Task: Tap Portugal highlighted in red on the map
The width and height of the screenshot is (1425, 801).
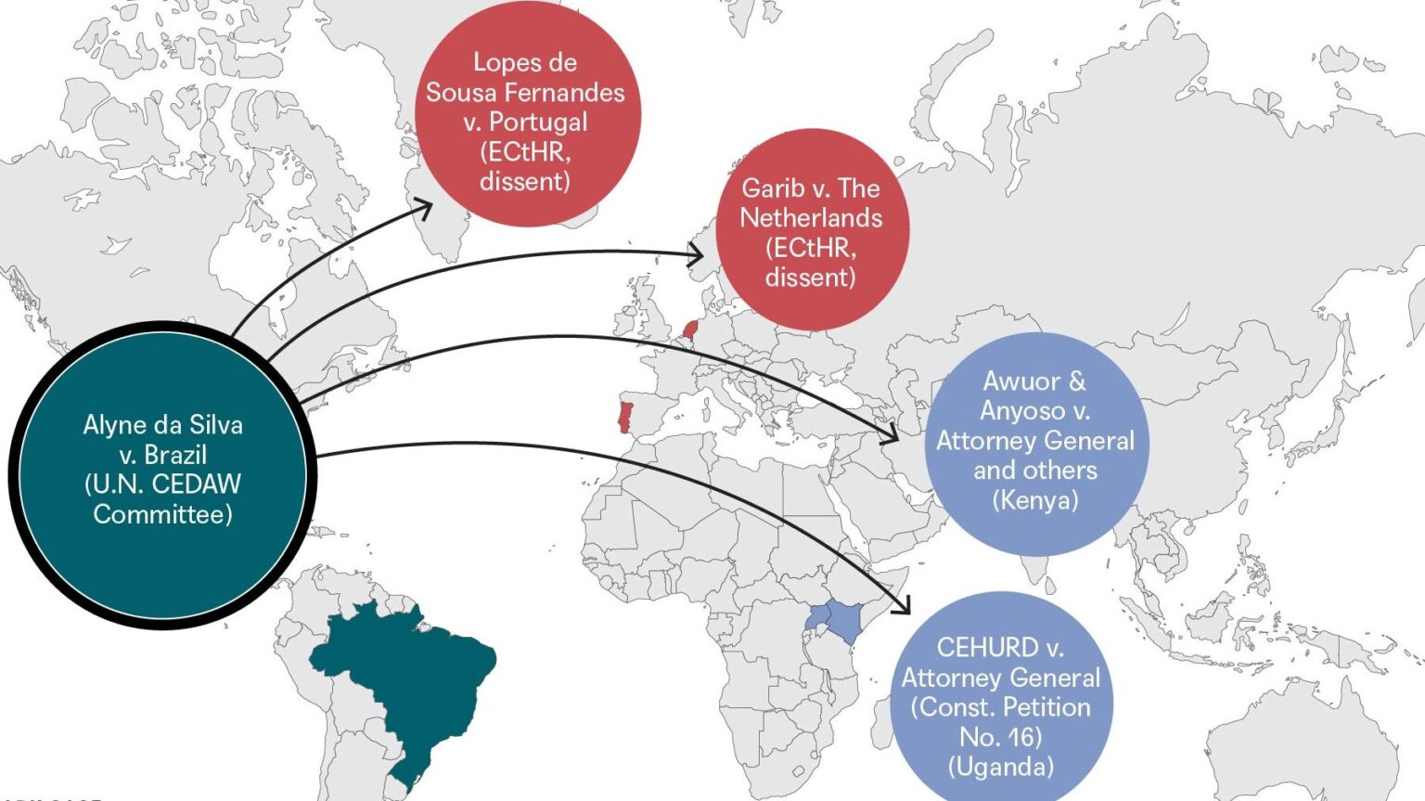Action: click(x=624, y=417)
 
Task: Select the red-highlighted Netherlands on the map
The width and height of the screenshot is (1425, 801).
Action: click(x=689, y=329)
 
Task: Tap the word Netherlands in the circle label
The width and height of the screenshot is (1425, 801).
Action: click(x=811, y=218)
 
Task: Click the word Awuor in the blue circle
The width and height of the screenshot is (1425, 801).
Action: click(x=1021, y=381)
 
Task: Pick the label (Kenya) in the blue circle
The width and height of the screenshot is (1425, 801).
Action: click(x=1035, y=500)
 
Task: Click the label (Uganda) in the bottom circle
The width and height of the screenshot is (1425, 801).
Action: click(x=1001, y=766)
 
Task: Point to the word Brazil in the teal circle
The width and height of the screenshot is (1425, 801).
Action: click(x=175, y=455)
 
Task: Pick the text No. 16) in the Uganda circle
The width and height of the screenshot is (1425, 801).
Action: click(x=1000, y=736)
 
